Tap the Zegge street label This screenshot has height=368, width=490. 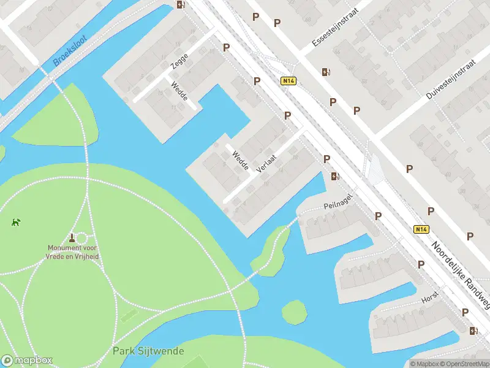tap(179, 61)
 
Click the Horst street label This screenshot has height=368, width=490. tap(430, 297)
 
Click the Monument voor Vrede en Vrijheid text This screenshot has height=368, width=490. tap(73, 252)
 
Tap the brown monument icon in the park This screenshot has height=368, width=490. tap(72, 237)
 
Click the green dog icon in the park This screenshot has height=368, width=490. tap(15, 221)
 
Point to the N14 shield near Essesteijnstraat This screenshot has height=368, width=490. tap(288, 81)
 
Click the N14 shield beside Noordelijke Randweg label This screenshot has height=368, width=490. tap(420, 229)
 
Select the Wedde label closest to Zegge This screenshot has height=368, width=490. tap(179, 91)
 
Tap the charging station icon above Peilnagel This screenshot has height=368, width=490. tap(335, 177)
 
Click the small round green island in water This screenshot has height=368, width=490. tap(294, 312)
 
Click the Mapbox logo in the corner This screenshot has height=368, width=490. tap(27, 361)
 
